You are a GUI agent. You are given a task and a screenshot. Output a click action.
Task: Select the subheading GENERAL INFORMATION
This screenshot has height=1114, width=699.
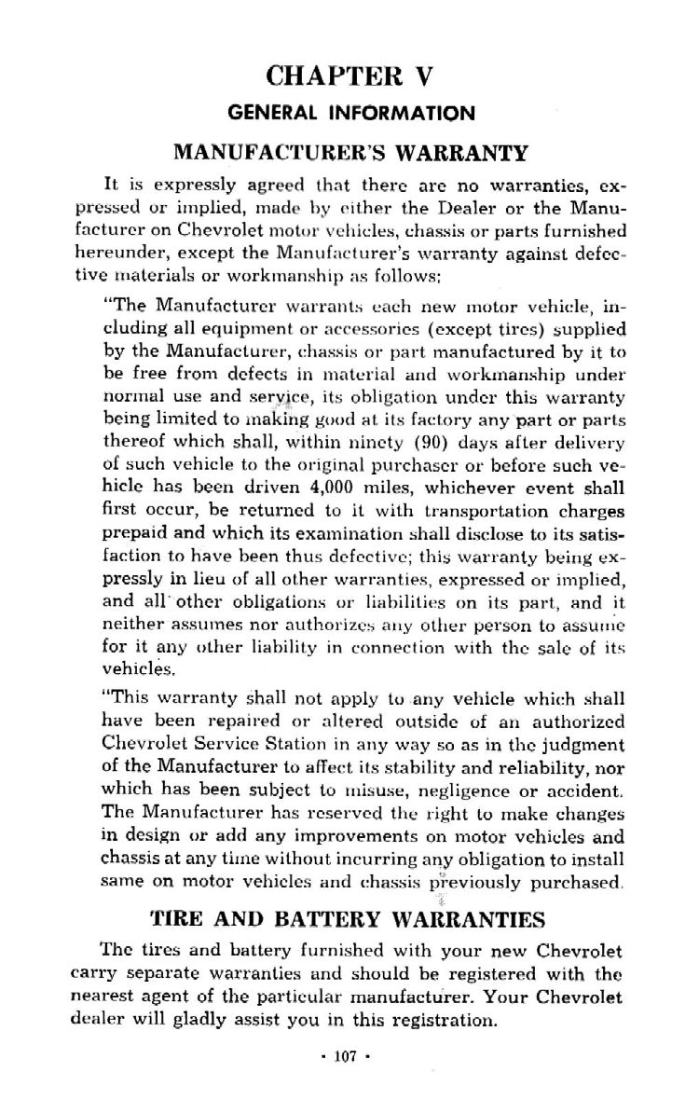click(350, 114)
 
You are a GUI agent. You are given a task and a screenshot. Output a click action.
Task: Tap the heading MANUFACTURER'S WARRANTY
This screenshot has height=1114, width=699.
click(350, 152)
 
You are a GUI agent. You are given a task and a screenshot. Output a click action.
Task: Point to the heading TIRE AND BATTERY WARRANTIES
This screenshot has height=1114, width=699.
click(349, 920)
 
